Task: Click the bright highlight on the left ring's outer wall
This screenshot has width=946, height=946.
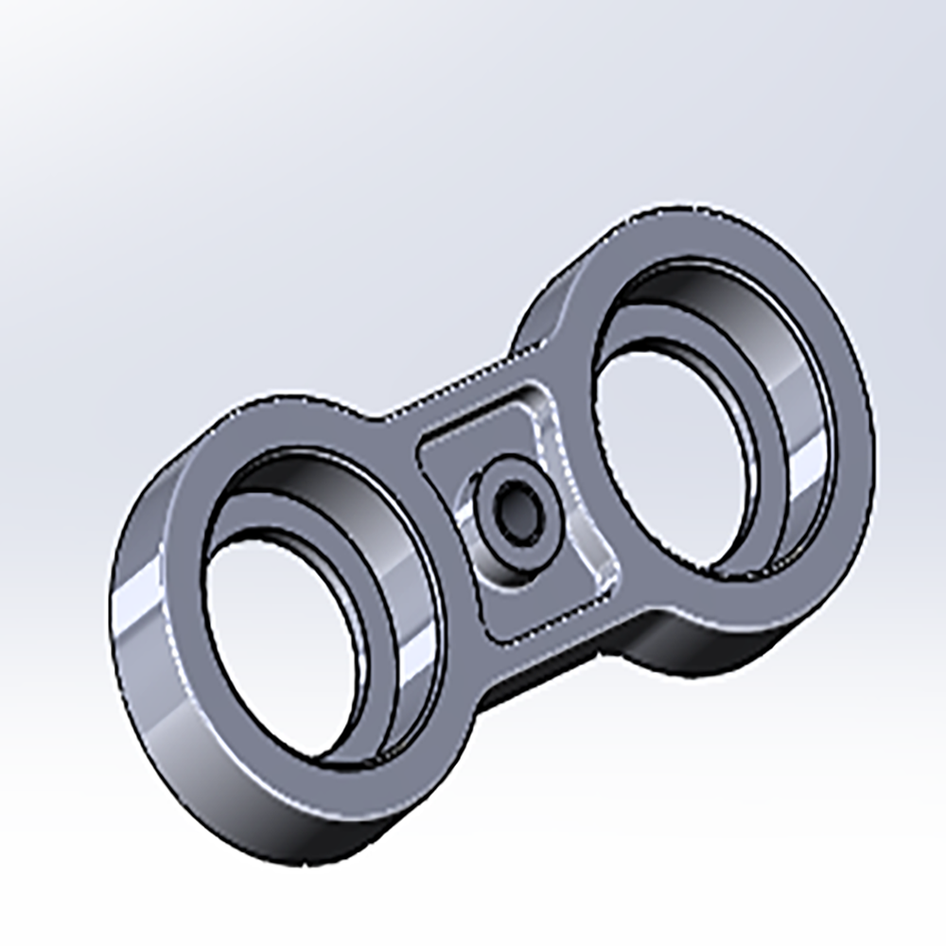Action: tap(132, 615)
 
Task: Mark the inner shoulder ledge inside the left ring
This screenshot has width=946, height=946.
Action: tap(369, 605)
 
